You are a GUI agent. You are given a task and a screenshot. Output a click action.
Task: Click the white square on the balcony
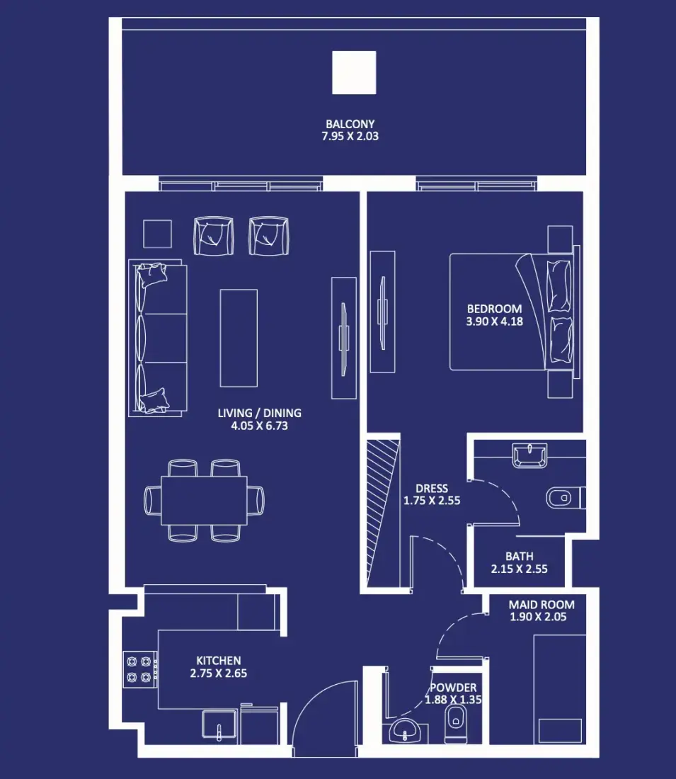click(x=354, y=72)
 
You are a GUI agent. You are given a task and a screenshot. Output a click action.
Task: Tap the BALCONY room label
click(x=350, y=124)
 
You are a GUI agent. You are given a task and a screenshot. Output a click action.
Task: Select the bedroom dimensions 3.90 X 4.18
click(x=494, y=322)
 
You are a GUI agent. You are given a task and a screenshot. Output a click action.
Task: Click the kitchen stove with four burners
click(x=139, y=669)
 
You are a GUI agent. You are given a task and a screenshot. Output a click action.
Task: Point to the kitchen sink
click(x=219, y=725)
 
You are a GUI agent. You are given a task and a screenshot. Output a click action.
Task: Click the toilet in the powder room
click(x=455, y=724)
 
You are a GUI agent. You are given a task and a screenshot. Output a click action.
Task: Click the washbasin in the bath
click(x=529, y=455)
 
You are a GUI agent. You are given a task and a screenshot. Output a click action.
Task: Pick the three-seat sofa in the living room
click(x=157, y=338)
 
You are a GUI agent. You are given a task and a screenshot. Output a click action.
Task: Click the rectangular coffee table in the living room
click(x=239, y=338)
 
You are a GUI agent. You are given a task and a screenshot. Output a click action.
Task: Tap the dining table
click(x=204, y=500)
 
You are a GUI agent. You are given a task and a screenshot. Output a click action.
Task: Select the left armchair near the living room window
click(x=214, y=236)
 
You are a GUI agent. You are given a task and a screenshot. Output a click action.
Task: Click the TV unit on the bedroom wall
click(x=382, y=312)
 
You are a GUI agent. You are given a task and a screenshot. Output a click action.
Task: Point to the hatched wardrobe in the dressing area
click(x=383, y=512)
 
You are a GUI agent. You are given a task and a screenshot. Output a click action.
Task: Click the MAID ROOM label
click(x=542, y=605)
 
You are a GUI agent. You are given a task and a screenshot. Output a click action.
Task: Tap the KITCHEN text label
click(x=219, y=661)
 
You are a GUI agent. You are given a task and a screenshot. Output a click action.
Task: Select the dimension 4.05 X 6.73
click(x=259, y=426)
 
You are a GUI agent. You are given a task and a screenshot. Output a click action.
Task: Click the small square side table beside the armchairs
click(x=157, y=234)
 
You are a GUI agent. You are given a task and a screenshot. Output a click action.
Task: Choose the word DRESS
click(x=432, y=489)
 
